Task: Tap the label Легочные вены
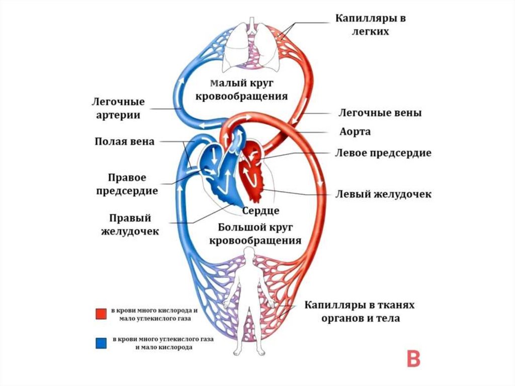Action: click(379, 113)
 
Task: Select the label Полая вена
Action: click(124, 141)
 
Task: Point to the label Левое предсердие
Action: click(383, 153)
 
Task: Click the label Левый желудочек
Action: click(383, 194)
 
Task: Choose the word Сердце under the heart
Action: click(261, 210)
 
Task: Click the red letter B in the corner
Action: click(413, 358)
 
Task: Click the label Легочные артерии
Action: click(117, 108)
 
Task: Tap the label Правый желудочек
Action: click(130, 224)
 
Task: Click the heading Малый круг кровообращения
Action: click(248, 89)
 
